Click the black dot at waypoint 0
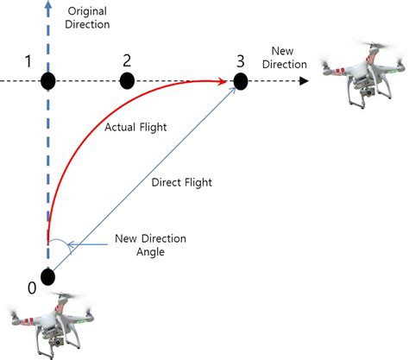pyautogui.click(x=47, y=276)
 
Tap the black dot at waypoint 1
pyautogui.click(x=47, y=81)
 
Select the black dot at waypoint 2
pyautogui.click(x=127, y=80)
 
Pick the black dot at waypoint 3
pyautogui.click(x=241, y=81)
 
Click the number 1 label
pyautogui.click(x=29, y=61)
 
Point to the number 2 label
pyautogui.click(x=127, y=60)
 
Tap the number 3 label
pyautogui.click(x=239, y=60)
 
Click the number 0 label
pyautogui.click(x=32, y=287)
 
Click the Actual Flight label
pyautogui.click(x=135, y=128)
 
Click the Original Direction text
pyautogui.click(x=88, y=17)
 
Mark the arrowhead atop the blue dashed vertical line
pyautogui.click(x=47, y=7)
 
